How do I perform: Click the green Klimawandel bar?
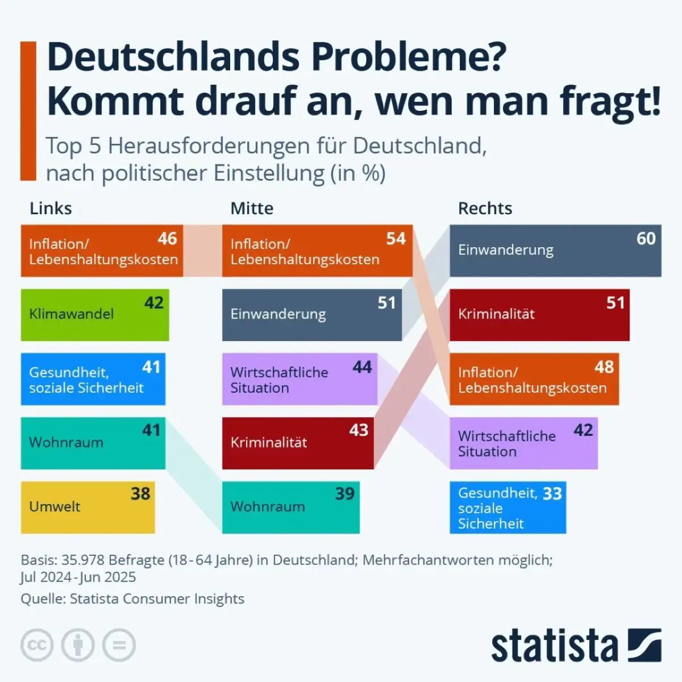[94, 315]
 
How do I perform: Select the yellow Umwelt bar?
[88, 507]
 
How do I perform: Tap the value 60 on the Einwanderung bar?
[646, 238]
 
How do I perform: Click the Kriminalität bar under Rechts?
[539, 315]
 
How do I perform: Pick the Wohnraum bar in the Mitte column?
[290, 507]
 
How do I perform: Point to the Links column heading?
[51, 209]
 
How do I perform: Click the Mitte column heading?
[252, 209]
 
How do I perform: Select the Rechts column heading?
[485, 209]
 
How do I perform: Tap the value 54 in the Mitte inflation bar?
[396, 238]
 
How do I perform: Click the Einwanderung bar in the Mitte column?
[311, 315]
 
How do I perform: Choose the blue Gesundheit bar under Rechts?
[508, 508]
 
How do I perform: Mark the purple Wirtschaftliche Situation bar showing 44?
[300, 380]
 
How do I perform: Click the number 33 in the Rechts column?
[552, 493]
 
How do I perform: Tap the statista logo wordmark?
[554, 646]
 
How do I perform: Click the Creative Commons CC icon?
[37, 645]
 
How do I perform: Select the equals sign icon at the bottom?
[119, 645]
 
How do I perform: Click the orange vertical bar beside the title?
[28, 111]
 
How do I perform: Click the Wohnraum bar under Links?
[93, 443]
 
